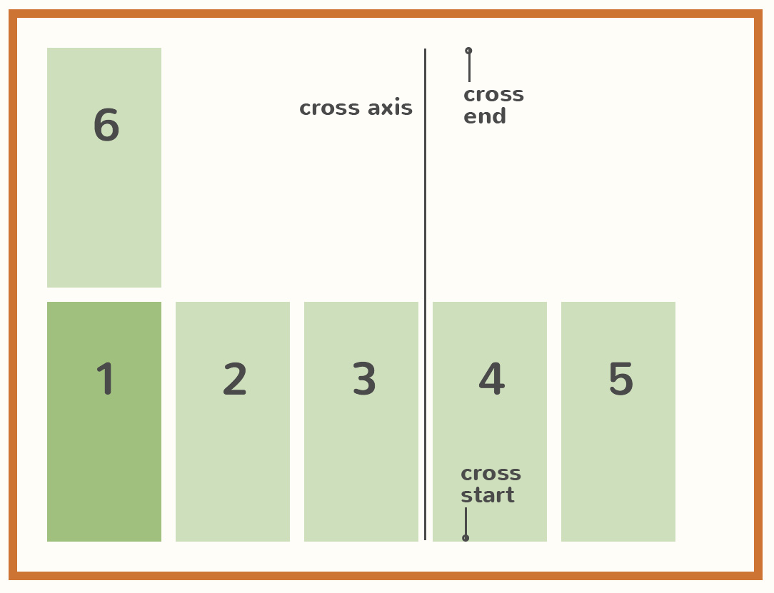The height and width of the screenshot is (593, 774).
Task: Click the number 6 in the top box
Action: coord(106,126)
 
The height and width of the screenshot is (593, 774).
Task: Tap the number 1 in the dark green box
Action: coord(106,379)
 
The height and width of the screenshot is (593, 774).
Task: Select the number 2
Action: coord(235,380)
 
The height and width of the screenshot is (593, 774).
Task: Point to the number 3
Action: coord(364,380)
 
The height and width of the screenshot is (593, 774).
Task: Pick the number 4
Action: coord(491,380)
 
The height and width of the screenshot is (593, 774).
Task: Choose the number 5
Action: coord(620,380)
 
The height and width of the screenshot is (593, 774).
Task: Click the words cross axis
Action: coord(356,108)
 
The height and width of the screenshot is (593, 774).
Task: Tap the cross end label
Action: coord(493,106)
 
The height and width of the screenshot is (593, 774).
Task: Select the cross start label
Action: coord(491,485)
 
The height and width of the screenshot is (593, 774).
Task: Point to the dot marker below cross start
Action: coord(466,538)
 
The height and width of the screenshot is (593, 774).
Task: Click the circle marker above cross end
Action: coord(468,51)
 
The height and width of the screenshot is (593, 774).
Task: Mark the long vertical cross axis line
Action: coord(425,214)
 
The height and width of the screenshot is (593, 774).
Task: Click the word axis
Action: coord(390,108)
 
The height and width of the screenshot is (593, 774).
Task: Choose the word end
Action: coord(485,117)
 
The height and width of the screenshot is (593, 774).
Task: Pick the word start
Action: coord(488,495)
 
